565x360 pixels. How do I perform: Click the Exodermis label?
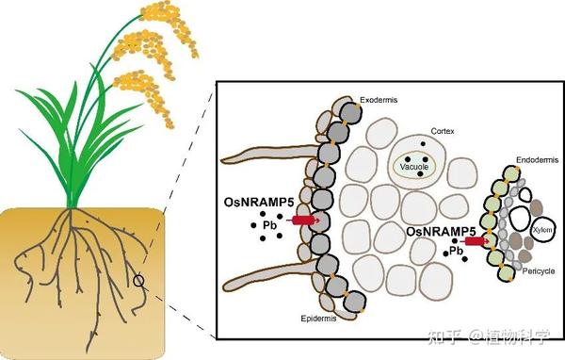click(379, 100)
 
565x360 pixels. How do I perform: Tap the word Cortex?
click(443, 131)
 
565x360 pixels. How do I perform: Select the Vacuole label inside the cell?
click(414, 167)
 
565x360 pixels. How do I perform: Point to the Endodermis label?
click(538, 160)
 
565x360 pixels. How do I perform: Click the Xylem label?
click(542, 230)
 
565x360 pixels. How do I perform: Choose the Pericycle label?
click(539, 271)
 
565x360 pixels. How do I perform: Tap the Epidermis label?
click(318, 319)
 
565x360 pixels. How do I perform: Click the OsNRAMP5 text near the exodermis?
click(259, 202)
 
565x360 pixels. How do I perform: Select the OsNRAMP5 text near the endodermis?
click(441, 231)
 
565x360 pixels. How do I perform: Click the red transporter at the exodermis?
click(304, 220)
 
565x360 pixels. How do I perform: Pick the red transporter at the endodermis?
click(475, 241)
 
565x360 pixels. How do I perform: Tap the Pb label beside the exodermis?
click(269, 225)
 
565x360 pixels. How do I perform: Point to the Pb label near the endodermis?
click(456, 251)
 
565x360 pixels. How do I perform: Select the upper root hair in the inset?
click(270, 155)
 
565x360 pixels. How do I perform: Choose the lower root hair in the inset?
click(270, 277)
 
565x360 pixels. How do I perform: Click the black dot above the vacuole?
click(423, 143)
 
